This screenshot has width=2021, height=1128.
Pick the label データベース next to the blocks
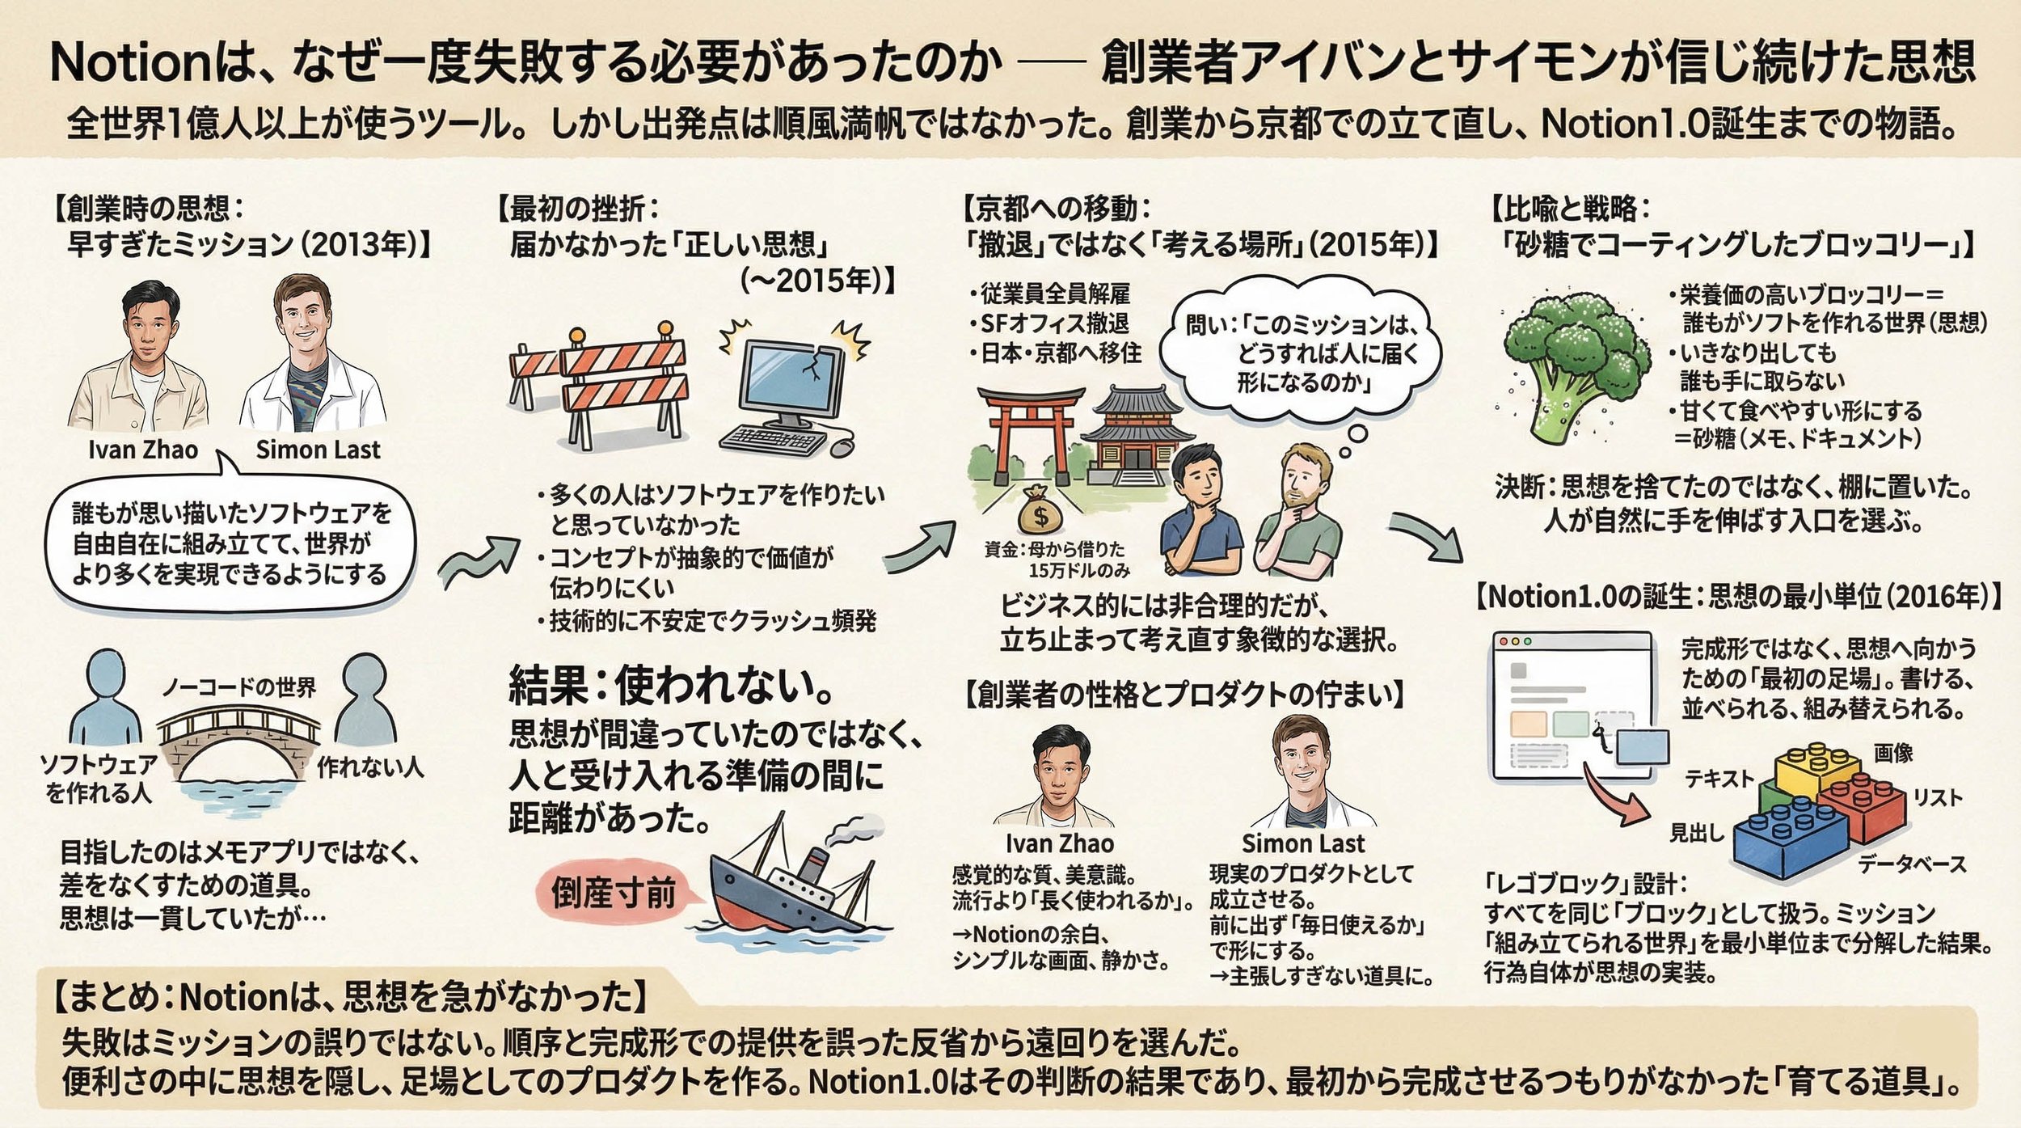[x=1912, y=864]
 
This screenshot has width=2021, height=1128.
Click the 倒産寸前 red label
[x=613, y=894]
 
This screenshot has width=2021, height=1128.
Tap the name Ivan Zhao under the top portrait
[x=143, y=450]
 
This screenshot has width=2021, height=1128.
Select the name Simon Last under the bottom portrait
[x=1302, y=843]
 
